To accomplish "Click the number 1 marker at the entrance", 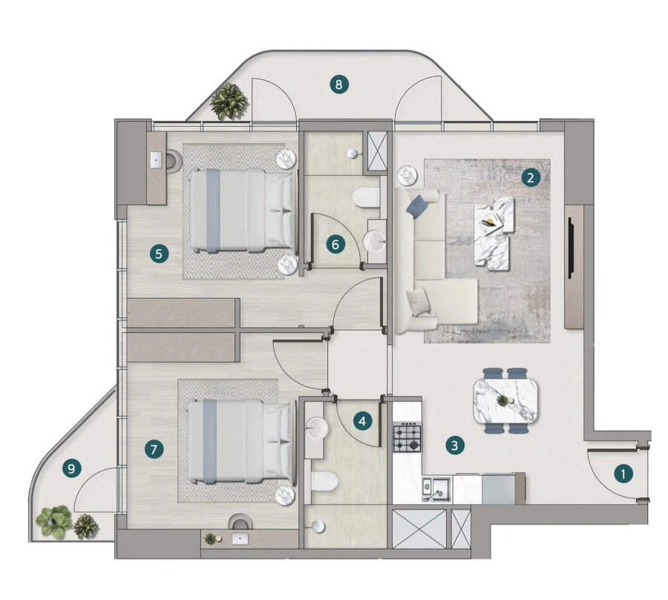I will point(623,472).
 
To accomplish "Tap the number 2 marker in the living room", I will point(529,177).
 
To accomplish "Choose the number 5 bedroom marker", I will point(158,254).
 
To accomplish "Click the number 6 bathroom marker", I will point(335,243).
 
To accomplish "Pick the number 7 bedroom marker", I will point(154,448).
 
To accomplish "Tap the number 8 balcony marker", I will point(338,85).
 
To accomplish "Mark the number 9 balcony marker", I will point(72,468).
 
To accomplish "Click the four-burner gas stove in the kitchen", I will point(407,436).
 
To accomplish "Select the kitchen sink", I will point(433,489).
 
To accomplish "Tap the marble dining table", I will point(505,400).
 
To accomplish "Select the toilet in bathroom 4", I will point(324,482).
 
